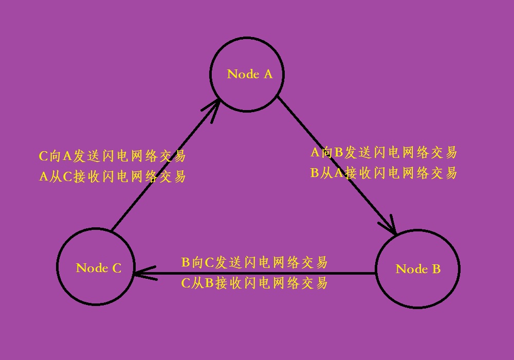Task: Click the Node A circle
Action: (x=247, y=93)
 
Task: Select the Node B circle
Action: (x=418, y=288)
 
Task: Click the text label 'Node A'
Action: (x=250, y=74)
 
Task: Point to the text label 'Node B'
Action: (x=418, y=269)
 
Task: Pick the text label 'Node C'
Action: (x=99, y=268)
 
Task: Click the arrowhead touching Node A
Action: (x=213, y=108)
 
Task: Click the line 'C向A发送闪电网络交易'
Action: (x=112, y=156)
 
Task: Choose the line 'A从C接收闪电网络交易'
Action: (x=112, y=177)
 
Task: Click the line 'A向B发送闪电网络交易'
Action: (x=383, y=152)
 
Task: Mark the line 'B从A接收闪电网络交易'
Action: (x=383, y=173)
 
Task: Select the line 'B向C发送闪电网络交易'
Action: (x=254, y=262)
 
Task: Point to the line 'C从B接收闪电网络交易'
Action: (x=254, y=283)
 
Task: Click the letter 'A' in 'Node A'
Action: (x=268, y=74)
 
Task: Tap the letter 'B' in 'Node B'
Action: (x=436, y=269)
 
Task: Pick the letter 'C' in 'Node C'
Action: (x=116, y=268)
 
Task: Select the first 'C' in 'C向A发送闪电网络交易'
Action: (x=44, y=156)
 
